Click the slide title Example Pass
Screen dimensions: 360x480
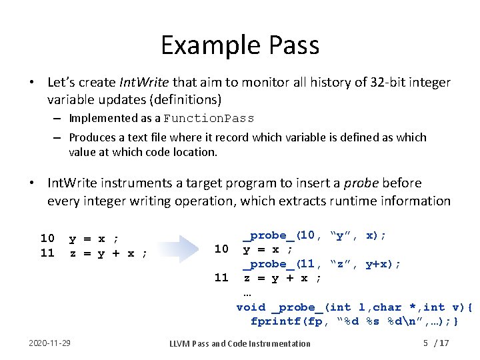click(240, 45)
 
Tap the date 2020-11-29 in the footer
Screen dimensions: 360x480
click(51, 343)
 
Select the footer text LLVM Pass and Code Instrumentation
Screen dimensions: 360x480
click(240, 343)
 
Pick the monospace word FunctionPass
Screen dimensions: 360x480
click(209, 119)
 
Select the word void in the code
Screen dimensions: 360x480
click(251, 307)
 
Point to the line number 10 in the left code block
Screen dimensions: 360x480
click(47, 238)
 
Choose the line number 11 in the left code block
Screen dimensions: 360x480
click(47, 253)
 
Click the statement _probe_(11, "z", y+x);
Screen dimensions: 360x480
click(321, 264)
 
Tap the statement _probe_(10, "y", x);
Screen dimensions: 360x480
click(314, 235)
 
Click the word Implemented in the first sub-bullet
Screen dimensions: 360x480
click(103, 119)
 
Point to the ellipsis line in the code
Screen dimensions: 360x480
click(247, 293)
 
